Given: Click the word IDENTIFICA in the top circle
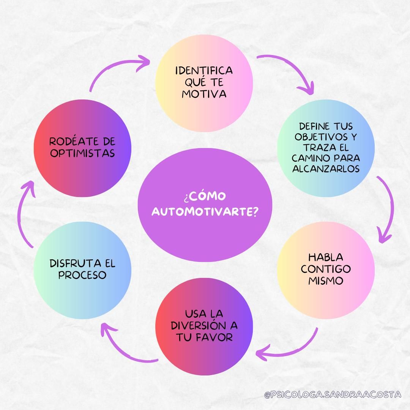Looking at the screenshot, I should coord(204,71).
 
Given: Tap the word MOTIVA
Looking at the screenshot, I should coord(204,94).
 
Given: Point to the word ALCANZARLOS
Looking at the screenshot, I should coord(326,169).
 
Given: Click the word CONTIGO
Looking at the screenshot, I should coord(326,269).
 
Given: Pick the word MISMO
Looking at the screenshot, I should coord(326,281).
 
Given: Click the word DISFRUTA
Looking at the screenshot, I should coord(71,263).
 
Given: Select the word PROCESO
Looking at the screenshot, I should coord(82,275).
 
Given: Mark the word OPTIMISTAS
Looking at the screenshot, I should coord(82,153).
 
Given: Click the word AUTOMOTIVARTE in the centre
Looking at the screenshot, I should coord(205,211).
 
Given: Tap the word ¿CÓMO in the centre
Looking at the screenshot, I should coord(205,196).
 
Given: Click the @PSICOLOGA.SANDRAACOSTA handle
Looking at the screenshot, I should coord(333,394).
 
